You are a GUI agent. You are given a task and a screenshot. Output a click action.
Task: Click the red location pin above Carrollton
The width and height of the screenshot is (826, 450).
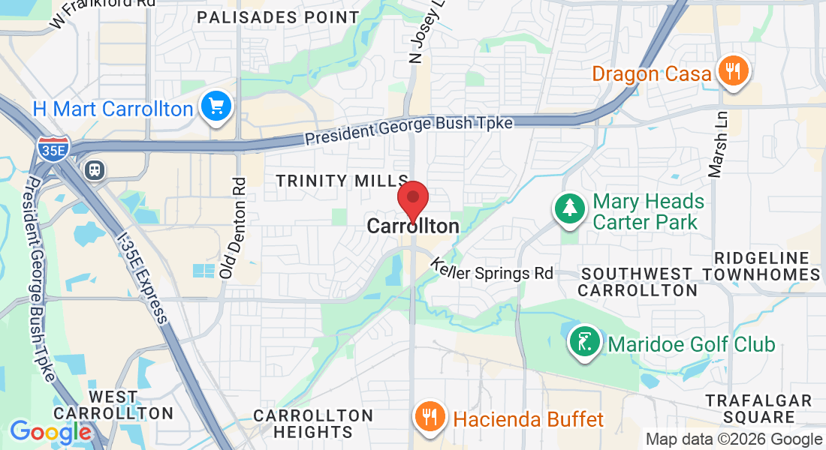pos(412,199)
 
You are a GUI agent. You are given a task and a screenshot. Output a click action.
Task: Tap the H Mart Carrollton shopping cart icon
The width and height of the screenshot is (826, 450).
pos(217,106)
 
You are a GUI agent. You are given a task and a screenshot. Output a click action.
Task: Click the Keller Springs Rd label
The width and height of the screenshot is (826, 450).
pos(492,270)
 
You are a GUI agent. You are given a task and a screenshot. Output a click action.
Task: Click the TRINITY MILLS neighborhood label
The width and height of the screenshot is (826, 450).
pos(342,181)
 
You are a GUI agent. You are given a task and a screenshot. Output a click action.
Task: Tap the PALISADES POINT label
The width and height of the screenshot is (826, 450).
pos(279,16)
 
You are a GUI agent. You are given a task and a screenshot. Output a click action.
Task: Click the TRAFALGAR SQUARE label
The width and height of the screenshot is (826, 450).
pos(758,409)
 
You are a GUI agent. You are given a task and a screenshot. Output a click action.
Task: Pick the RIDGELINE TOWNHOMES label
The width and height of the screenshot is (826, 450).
pos(767,266)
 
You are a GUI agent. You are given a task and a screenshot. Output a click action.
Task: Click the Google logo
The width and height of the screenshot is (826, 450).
pos(50,432)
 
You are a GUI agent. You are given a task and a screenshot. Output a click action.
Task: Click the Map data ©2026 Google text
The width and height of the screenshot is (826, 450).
pos(734,439)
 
